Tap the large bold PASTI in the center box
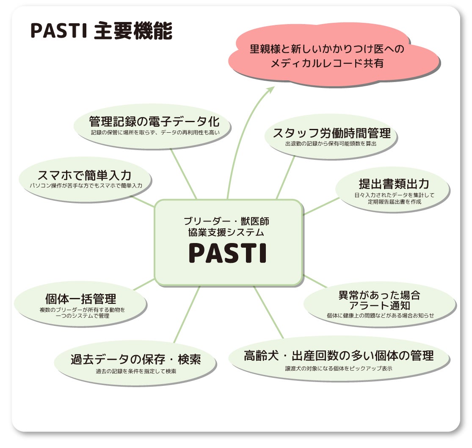pos(228,253)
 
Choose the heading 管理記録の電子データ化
pos(154,122)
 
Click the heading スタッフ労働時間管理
pos(331,134)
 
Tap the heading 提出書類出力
pos(394,184)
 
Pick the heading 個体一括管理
pos(80,299)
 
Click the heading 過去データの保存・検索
pos(135,360)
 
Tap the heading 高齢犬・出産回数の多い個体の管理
pos(339,355)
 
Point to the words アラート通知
pos(380,305)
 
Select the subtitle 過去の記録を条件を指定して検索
pos(135,372)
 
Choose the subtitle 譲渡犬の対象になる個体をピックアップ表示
pos(339,368)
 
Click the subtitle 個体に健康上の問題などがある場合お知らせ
pos(380,315)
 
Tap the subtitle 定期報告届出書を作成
pos(394,202)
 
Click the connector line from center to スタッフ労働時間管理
pos(286,177)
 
